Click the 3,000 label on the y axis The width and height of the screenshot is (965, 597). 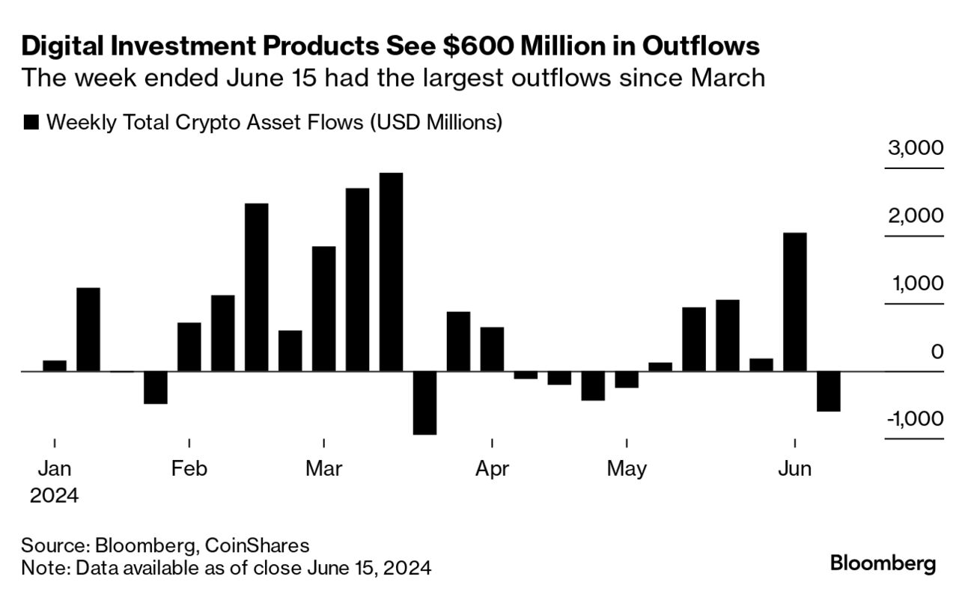click(915, 147)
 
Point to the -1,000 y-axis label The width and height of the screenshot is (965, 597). click(914, 419)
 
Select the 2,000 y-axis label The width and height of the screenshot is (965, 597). click(915, 215)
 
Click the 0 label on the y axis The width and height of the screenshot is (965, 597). click(936, 352)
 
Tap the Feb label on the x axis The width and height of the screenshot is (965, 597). click(189, 469)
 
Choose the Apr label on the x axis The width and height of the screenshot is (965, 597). click(492, 469)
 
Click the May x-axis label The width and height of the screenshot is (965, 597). click(627, 469)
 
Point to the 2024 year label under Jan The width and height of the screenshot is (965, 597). click(54, 495)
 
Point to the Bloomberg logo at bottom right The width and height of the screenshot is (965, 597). click(883, 563)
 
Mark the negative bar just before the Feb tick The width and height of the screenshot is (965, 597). click(155, 388)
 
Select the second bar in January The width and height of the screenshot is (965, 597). click(88, 329)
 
